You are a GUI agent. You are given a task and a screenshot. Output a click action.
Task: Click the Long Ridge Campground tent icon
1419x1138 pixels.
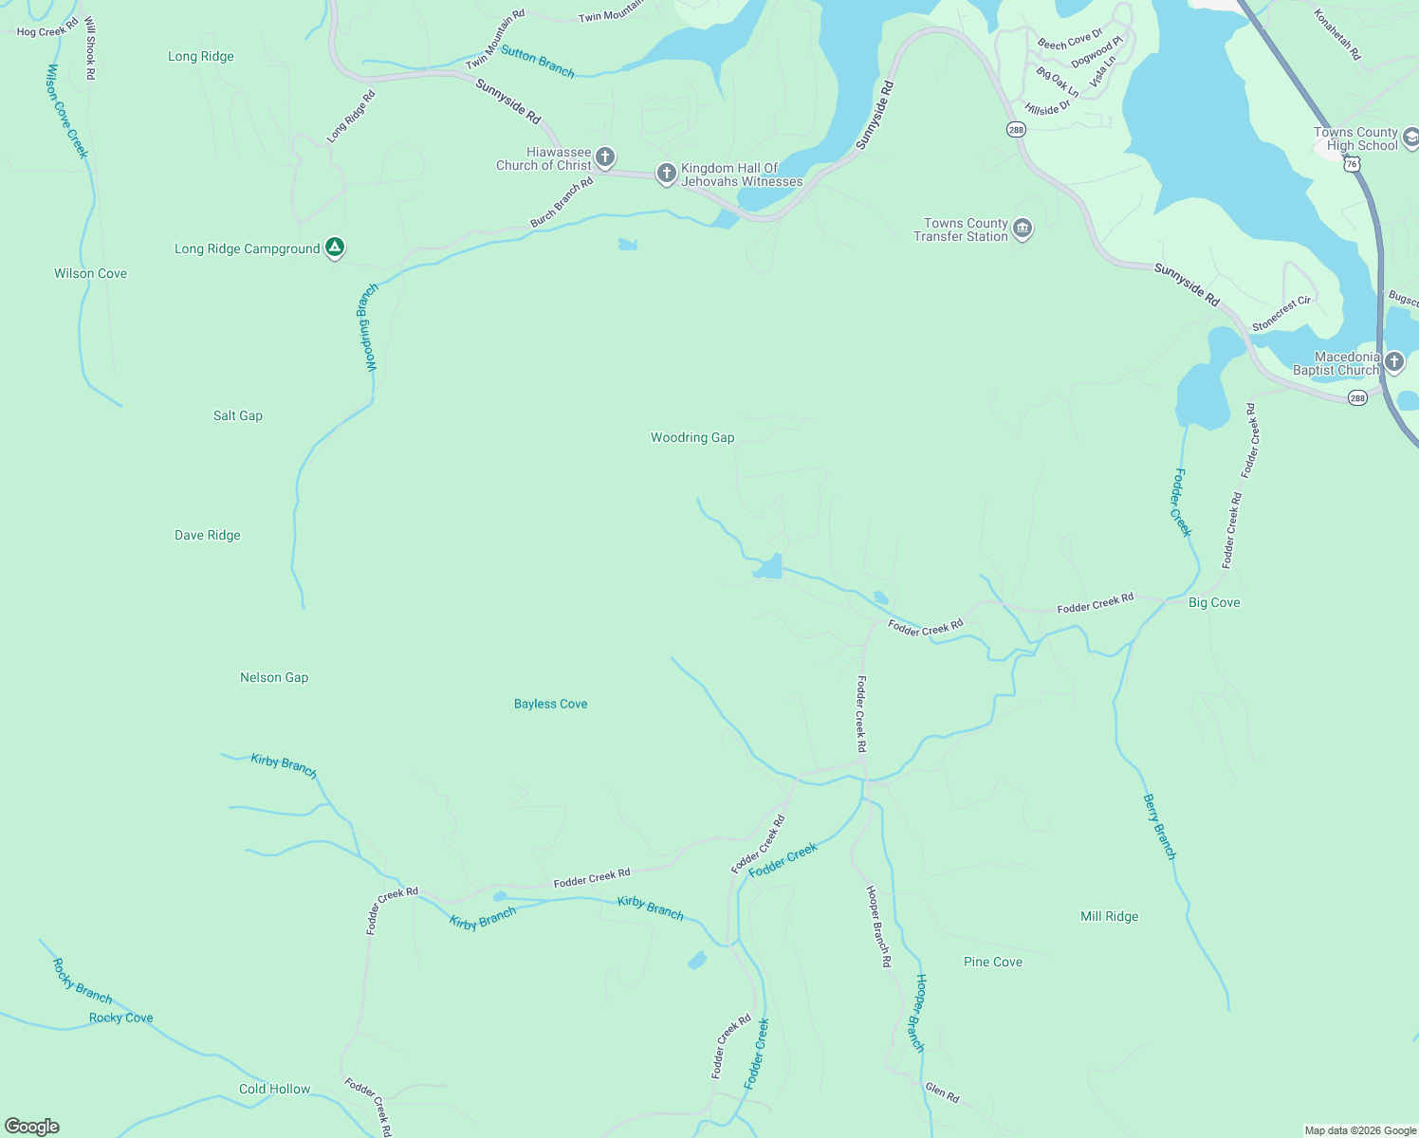(334, 248)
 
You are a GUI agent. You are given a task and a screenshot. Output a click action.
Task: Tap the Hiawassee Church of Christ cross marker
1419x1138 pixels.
(605, 157)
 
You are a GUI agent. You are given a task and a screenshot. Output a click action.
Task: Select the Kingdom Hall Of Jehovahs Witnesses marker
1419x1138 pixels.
(667, 174)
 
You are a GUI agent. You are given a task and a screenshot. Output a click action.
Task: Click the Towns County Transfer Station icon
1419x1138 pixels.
(1023, 229)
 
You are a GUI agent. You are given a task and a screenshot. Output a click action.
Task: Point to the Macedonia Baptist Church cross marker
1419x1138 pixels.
(1393, 361)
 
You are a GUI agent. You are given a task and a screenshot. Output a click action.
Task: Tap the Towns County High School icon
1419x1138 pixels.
(1410, 138)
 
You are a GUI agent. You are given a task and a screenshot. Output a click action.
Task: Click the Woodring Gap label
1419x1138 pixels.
(692, 437)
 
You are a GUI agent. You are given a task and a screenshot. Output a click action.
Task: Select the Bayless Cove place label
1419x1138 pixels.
(550, 704)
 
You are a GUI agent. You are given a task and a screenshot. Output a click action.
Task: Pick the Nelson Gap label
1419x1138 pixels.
(274, 677)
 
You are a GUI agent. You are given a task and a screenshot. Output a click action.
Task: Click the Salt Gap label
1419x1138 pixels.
(237, 415)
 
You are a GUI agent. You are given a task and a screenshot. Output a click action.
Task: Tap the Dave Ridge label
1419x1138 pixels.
(208, 535)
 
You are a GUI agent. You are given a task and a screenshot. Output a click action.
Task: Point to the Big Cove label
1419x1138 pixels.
(1214, 602)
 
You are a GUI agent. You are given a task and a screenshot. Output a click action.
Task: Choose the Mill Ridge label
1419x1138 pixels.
(1109, 916)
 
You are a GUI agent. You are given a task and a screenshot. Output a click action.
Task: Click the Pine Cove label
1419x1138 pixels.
(993, 962)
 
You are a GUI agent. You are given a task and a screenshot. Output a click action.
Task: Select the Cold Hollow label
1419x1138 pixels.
(274, 1089)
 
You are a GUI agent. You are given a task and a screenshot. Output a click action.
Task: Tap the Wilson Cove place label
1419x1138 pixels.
(90, 273)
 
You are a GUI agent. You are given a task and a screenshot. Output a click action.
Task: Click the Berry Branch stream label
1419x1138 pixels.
(1159, 827)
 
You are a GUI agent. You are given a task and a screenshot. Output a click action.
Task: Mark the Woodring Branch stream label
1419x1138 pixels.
(367, 327)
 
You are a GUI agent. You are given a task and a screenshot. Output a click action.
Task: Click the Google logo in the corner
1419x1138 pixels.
(32, 1127)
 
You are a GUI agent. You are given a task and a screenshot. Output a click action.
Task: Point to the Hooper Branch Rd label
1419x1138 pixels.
(878, 926)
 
